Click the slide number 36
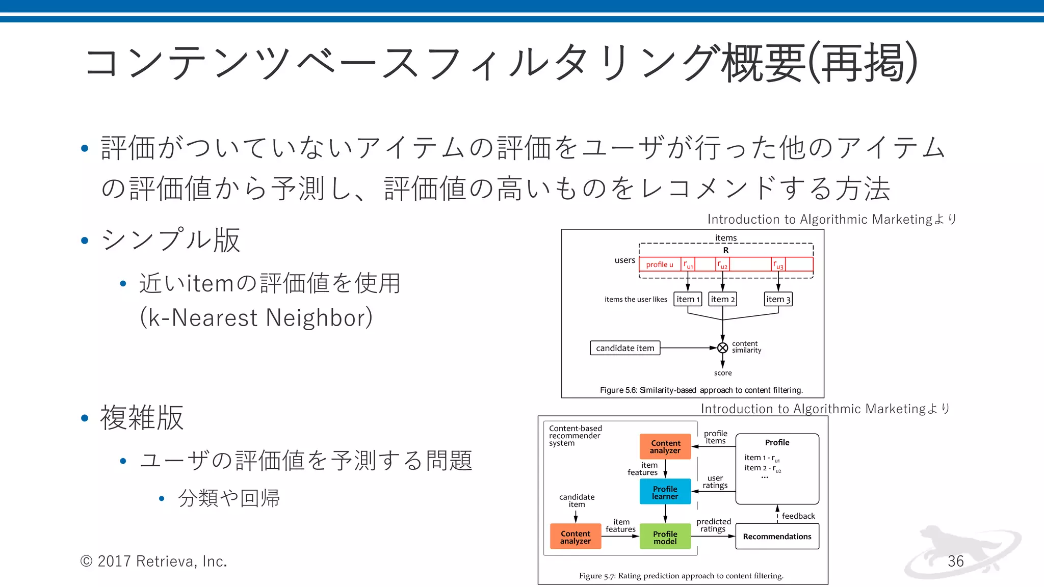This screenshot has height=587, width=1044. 955,561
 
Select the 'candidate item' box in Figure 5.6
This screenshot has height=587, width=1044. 625,348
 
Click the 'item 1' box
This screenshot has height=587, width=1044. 688,299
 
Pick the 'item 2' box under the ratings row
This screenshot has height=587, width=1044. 722,299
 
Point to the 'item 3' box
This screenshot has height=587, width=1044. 778,299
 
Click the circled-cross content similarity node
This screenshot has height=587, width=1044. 722,348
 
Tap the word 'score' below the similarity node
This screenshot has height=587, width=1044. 722,373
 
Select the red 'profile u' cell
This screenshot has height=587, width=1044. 660,264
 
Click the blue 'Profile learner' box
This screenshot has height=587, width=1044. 665,492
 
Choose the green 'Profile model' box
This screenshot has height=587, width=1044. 665,538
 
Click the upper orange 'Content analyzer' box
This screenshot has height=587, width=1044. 665,447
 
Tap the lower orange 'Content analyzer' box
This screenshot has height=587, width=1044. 576,537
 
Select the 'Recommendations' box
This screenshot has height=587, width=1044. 777,537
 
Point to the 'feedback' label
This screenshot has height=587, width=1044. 798,516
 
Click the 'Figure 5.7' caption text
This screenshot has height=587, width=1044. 681,576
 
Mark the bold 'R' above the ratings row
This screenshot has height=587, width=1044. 725,250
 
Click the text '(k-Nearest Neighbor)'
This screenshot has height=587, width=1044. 256,317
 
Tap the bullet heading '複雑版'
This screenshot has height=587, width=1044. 142,418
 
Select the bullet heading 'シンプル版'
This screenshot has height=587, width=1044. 171,239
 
